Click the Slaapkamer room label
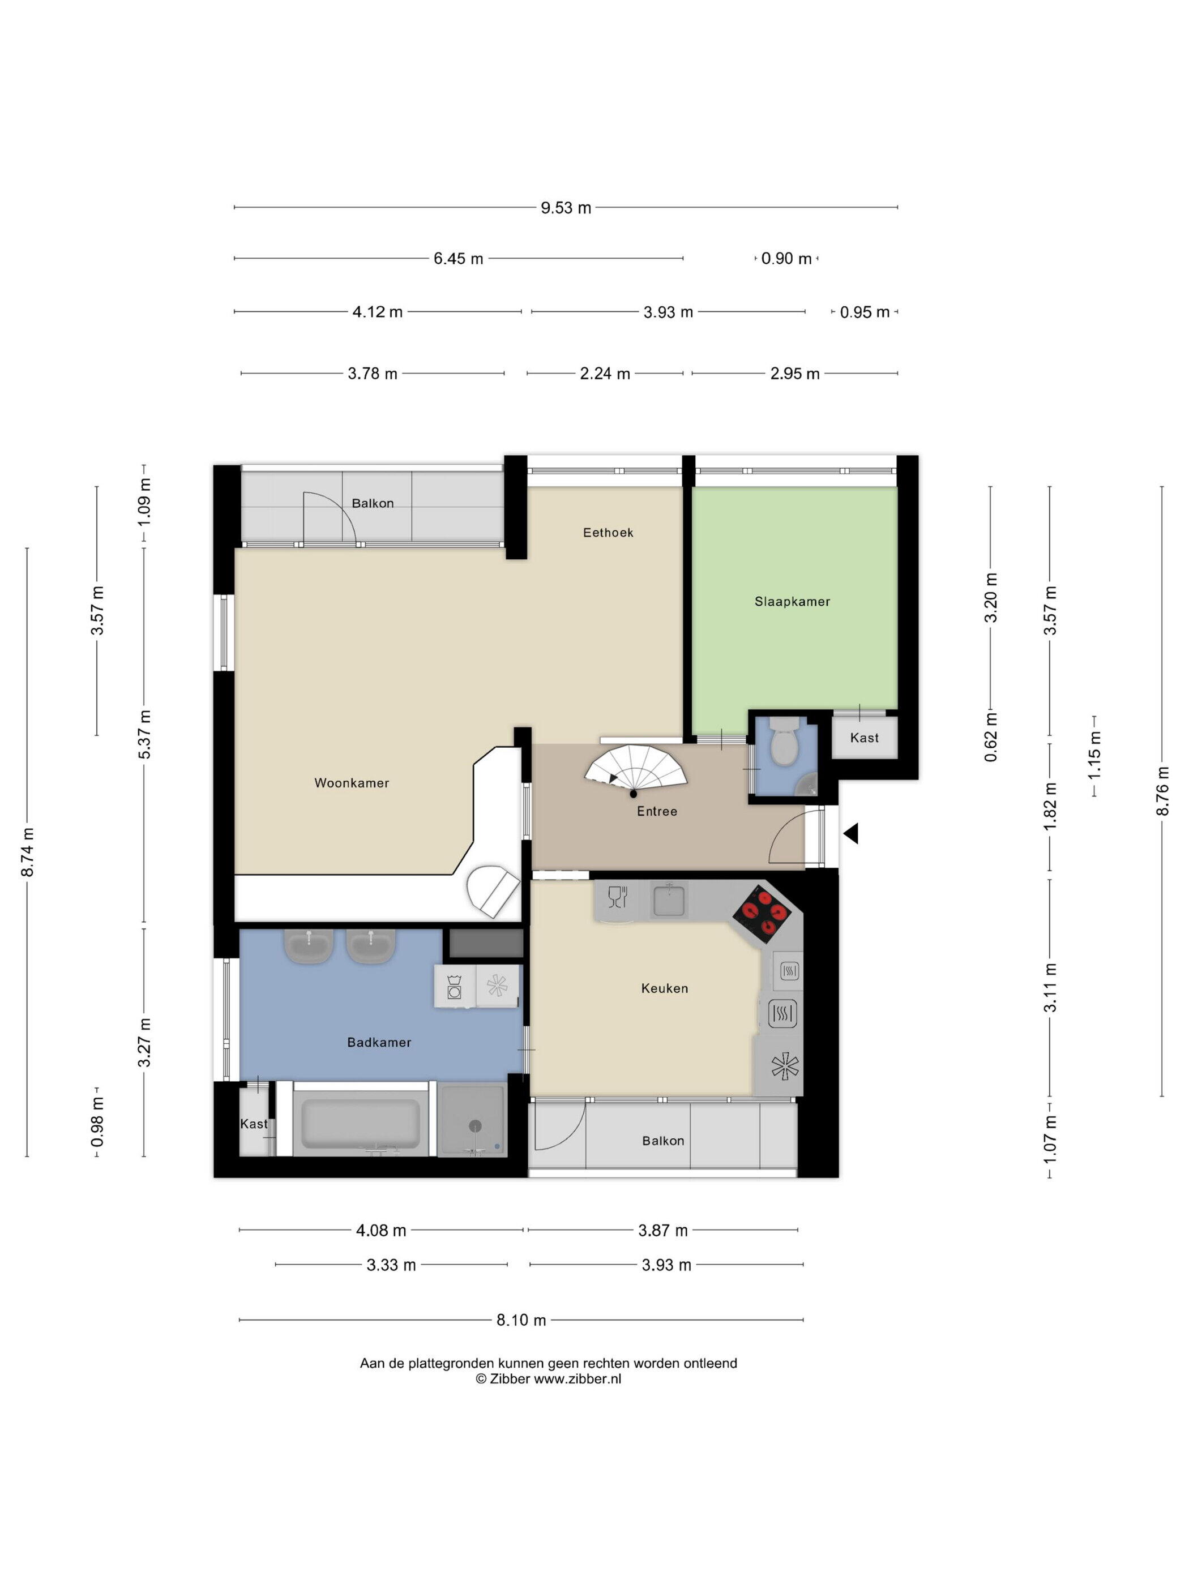[x=792, y=602]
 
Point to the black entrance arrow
[x=851, y=833]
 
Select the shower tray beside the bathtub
[x=472, y=1120]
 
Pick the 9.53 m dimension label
[x=566, y=208]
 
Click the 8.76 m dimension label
[x=1162, y=790]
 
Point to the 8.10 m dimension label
[x=521, y=1320]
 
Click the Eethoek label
[x=608, y=533]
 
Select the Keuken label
[x=664, y=988]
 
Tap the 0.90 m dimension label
[x=786, y=259]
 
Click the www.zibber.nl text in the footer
[x=578, y=1378]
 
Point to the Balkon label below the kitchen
[x=663, y=1141]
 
